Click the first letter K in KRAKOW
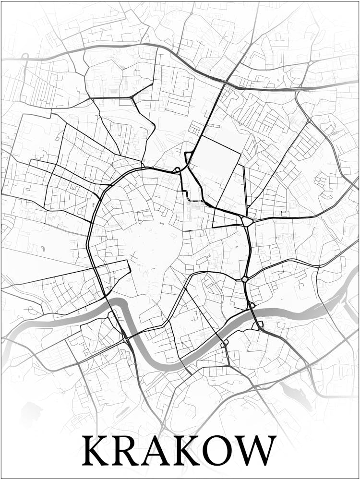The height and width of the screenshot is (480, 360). [98, 450]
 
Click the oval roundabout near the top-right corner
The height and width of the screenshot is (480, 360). [311, 63]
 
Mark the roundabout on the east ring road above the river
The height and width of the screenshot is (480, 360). [245, 279]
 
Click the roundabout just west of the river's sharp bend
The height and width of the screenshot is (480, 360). [126, 339]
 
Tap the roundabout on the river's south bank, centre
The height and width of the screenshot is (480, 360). [224, 345]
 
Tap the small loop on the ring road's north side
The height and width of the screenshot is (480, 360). [177, 169]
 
